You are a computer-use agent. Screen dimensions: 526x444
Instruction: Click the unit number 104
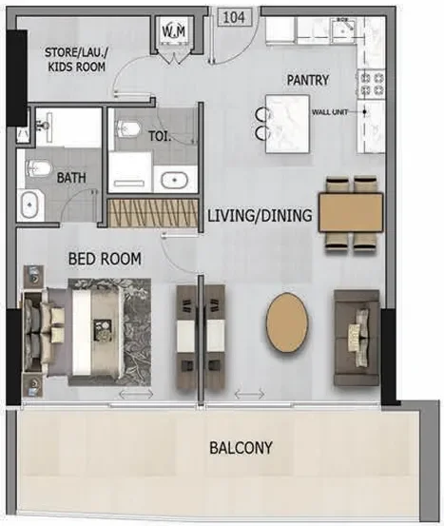point(234,16)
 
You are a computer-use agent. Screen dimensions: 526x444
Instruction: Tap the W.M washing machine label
point(174,33)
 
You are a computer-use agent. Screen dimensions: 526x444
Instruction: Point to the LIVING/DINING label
point(260,216)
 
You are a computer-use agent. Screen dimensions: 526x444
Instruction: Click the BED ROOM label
point(104,258)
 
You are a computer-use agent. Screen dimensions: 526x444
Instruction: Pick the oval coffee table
point(285,323)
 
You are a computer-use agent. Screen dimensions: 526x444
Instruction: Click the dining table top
point(351,212)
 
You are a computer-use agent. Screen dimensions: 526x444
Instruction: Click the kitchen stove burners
point(370,82)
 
